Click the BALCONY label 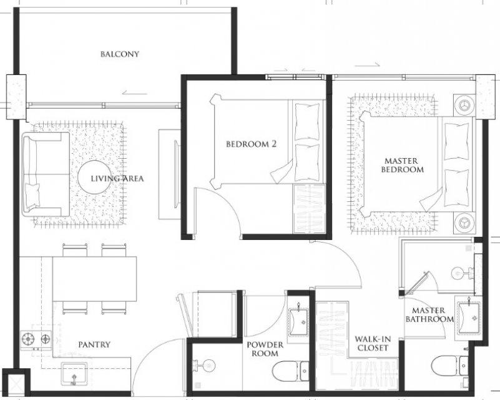(120, 54)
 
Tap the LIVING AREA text (117, 179)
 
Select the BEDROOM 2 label (252, 144)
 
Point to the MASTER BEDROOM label (403, 165)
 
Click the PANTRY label (94, 344)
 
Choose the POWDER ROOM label (265, 349)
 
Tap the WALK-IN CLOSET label (373, 343)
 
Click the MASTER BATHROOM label (429, 314)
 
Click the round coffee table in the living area (93, 176)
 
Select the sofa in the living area (46, 174)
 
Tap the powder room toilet (291, 371)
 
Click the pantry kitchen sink (74, 374)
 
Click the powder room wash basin (298, 322)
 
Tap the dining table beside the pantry (94, 279)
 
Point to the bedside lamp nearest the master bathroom (464, 221)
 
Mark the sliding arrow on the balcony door (134, 94)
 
